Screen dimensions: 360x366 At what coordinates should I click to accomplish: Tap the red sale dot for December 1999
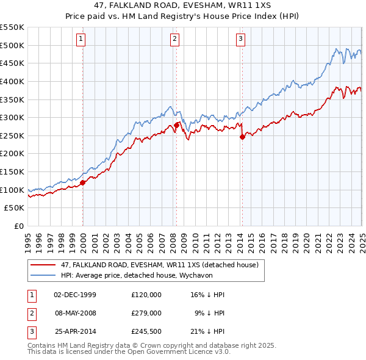[x=82, y=182]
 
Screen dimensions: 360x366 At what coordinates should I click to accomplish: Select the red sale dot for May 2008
[x=176, y=124]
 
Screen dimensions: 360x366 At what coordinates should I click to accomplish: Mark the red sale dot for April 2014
[x=242, y=137]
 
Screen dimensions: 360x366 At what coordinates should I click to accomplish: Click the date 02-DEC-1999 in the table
[x=75, y=295]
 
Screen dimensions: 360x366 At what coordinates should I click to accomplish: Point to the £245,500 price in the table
[x=146, y=333]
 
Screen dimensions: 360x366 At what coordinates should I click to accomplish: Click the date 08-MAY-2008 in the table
[x=75, y=314]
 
